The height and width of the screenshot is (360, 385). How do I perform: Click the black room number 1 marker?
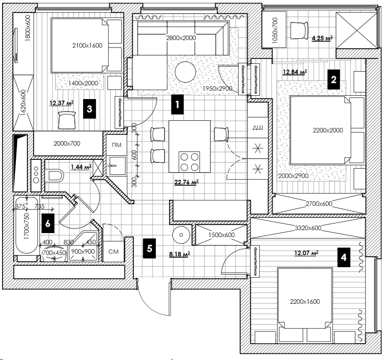[x=177, y=104]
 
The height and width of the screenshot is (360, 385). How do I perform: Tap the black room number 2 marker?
[x=333, y=79]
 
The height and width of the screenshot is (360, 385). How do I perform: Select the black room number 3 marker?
[x=89, y=109]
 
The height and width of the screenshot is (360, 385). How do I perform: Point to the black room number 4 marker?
[x=343, y=257]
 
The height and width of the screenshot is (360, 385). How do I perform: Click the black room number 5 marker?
[x=150, y=248]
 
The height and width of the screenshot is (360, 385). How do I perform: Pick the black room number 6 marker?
[x=48, y=223]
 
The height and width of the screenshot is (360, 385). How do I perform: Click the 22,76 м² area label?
[x=186, y=182]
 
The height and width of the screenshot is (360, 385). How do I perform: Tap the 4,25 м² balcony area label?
[x=322, y=38]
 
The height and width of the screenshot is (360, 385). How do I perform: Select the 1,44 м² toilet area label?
[x=81, y=167]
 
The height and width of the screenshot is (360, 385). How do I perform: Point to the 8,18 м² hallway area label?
[x=180, y=254]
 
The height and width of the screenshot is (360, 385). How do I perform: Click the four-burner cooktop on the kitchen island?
[x=189, y=162]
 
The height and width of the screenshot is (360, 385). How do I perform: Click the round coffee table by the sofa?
[x=185, y=72]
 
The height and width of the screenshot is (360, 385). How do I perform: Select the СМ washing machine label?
[x=114, y=252]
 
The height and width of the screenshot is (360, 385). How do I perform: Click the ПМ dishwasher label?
[x=117, y=145]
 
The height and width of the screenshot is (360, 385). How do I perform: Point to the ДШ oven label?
[x=258, y=127]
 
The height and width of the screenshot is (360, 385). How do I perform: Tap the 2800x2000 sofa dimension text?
[x=181, y=38]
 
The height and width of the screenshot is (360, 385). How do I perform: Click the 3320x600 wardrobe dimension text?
[x=308, y=228]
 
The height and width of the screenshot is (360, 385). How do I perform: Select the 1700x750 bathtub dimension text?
[x=27, y=226]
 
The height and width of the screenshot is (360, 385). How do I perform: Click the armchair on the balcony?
[x=299, y=30]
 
